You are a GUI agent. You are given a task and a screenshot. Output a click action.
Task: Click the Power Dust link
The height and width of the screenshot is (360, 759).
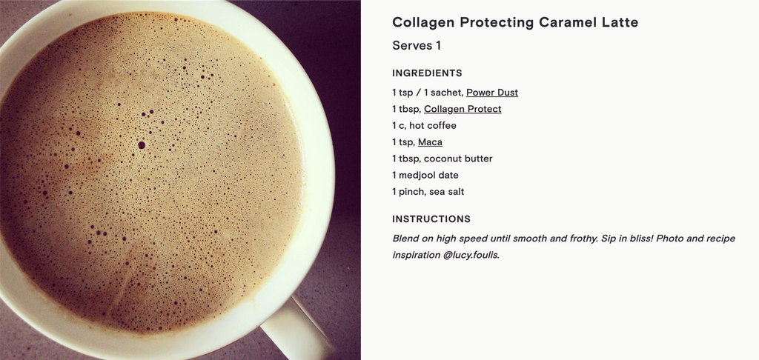tap(492, 93)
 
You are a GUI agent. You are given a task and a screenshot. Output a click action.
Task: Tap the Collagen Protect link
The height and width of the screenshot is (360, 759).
tap(463, 109)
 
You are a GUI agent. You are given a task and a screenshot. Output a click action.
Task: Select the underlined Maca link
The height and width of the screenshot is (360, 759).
tap(430, 141)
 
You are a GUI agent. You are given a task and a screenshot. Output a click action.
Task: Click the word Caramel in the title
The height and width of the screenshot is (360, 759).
tap(568, 22)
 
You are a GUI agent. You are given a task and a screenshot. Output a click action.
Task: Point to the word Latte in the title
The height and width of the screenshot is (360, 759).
tap(620, 22)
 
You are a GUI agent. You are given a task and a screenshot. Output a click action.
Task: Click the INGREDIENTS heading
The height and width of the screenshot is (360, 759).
tap(427, 73)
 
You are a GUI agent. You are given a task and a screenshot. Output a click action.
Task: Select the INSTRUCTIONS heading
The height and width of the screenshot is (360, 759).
tap(431, 219)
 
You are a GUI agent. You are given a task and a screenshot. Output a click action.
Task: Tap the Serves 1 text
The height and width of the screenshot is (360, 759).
tap(417, 45)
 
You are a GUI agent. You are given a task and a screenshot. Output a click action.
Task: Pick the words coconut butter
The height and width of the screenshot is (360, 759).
tap(458, 159)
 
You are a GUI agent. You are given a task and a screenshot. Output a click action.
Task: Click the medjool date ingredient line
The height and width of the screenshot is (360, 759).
tap(425, 175)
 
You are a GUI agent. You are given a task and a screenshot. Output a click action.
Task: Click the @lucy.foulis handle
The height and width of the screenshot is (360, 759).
tap(471, 255)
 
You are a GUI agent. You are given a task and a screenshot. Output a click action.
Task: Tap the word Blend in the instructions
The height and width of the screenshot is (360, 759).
tap(405, 238)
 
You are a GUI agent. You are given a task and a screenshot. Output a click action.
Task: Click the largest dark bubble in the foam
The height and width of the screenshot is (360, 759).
tap(142, 144)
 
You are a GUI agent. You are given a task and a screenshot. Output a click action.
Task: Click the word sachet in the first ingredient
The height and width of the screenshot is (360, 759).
tap(445, 93)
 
